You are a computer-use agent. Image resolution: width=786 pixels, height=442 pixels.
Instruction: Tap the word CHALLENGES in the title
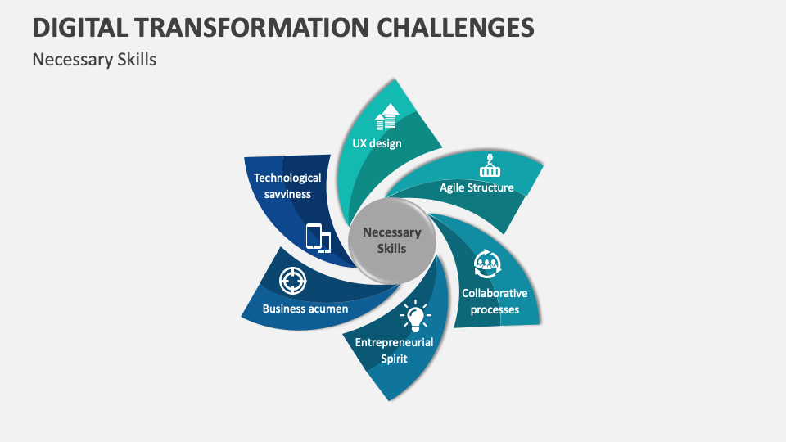click(x=457, y=27)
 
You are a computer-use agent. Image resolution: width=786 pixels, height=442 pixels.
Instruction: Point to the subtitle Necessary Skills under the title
click(x=94, y=60)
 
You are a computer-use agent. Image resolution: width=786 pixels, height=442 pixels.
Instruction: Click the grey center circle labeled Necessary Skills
click(x=391, y=240)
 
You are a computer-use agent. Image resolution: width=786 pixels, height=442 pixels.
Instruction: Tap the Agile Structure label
click(x=477, y=187)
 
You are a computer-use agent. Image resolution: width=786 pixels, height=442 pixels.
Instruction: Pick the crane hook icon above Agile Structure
click(x=490, y=167)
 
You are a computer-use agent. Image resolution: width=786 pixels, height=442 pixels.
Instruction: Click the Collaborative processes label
click(x=494, y=300)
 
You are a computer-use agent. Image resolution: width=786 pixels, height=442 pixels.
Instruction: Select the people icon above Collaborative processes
click(x=488, y=264)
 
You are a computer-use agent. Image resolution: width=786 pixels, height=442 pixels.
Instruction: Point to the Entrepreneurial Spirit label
click(x=394, y=350)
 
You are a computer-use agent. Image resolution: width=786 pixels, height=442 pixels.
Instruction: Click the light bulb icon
click(x=414, y=315)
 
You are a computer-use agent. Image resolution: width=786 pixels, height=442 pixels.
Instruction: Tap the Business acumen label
click(x=305, y=309)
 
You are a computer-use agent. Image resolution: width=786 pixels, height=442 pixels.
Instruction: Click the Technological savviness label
click(x=287, y=185)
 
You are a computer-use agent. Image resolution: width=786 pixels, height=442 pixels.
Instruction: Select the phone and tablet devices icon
click(x=318, y=237)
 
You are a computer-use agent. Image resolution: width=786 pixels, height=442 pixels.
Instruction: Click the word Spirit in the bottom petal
click(x=394, y=359)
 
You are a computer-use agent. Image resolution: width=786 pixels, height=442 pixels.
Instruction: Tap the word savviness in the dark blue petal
click(x=287, y=193)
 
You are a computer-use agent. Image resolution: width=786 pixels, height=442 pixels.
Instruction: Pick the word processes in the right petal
click(x=495, y=309)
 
